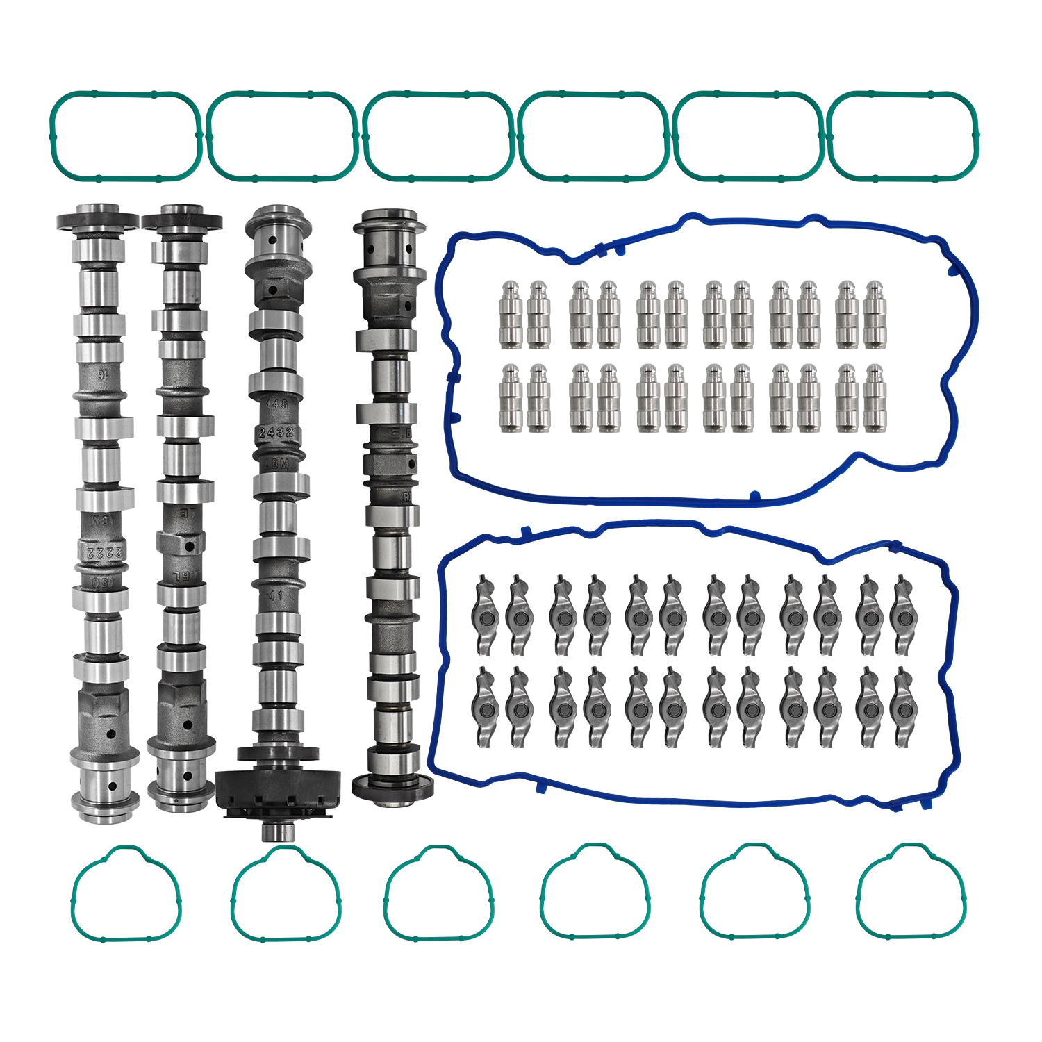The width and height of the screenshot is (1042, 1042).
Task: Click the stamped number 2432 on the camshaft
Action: click(276, 432)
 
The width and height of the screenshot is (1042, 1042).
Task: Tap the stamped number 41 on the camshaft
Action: click(276, 595)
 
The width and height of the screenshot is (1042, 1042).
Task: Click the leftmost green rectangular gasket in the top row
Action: click(126, 135)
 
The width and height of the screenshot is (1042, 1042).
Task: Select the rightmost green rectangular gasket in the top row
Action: click(903, 135)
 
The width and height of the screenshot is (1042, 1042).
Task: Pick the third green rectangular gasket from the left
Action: click(438, 135)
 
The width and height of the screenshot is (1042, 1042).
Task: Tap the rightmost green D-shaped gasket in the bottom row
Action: click(911, 892)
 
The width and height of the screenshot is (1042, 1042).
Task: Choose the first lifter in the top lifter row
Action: click(511, 315)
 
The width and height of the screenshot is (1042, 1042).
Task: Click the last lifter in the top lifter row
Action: click(875, 315)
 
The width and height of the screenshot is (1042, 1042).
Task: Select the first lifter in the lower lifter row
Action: click(511, 398)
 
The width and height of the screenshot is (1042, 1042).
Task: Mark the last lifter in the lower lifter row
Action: click(875, 398)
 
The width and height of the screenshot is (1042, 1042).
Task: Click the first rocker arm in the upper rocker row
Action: click(485, 615)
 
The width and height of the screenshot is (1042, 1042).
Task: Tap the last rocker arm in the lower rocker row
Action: click(902, 707)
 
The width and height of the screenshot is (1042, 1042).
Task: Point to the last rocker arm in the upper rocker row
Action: click(902, 615)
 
